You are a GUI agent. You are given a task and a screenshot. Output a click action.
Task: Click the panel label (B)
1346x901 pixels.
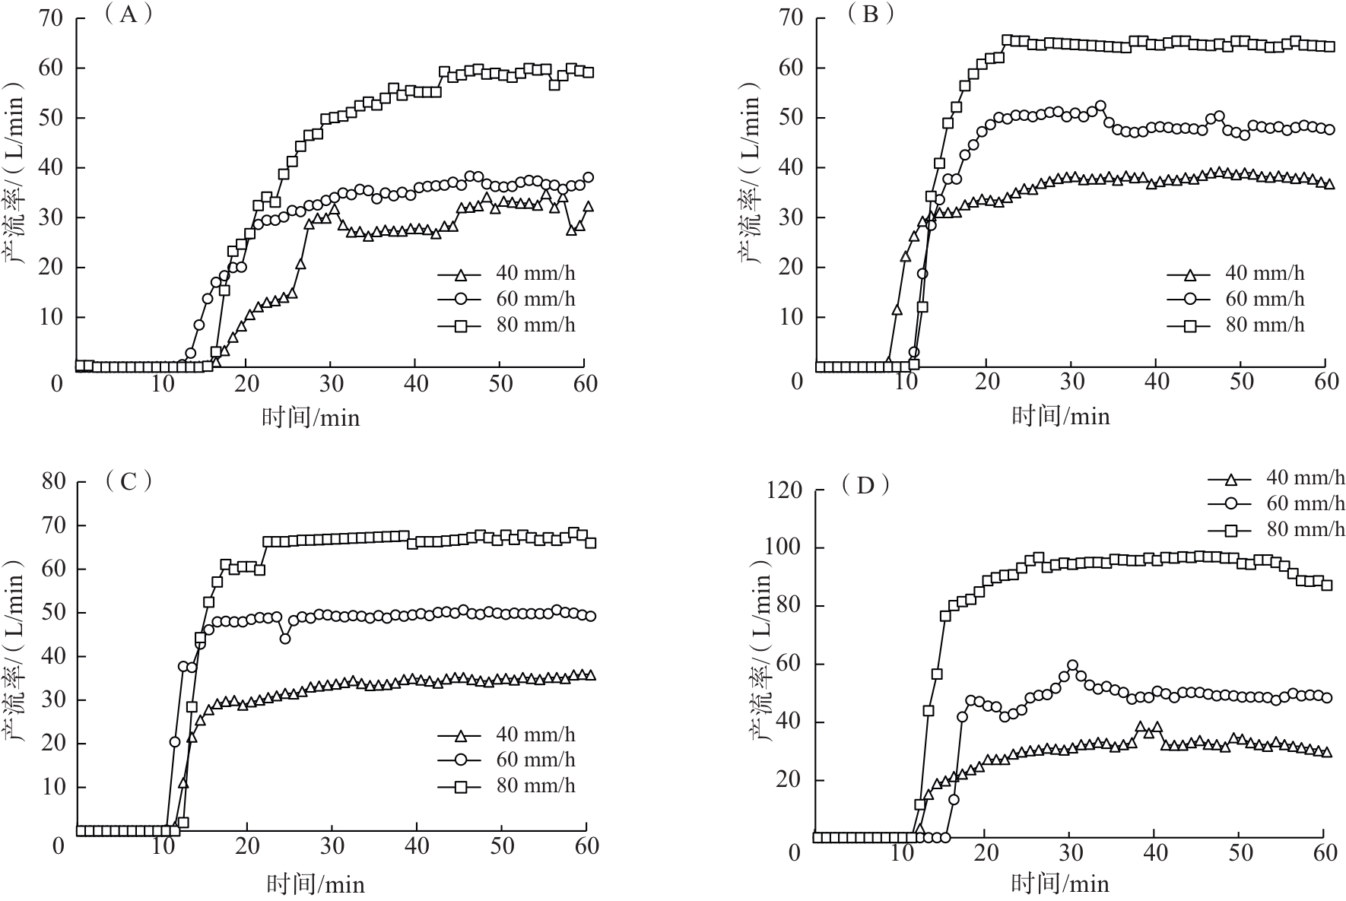click(868, 14)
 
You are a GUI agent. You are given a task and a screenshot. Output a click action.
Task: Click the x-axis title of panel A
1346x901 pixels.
click(311, 417)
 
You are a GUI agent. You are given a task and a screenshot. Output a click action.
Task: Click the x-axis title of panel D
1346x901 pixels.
click(1060, 883)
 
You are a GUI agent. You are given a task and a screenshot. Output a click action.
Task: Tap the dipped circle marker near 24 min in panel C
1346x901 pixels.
click(285, 639)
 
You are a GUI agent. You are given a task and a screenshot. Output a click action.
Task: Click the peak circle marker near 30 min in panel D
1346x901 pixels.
click(1072, 665)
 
